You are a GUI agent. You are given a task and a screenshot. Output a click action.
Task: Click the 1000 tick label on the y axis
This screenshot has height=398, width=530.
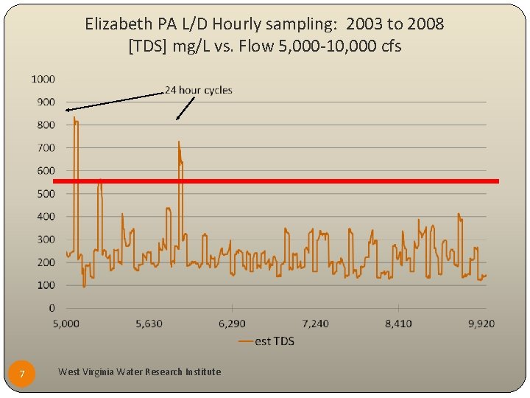click(x=43, y=79)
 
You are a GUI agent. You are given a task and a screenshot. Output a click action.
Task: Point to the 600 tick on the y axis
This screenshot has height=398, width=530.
click(x=46, y=170)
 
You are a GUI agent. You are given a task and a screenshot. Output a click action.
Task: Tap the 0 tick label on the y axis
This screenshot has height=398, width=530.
click(x=52, y=307)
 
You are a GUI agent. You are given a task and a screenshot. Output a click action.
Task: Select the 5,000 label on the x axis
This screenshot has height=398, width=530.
click(x=66, y=323)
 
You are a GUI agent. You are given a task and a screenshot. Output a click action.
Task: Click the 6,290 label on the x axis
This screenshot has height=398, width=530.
click(x=232, y=323)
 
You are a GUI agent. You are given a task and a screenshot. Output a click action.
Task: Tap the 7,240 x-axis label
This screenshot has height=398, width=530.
click(x=315, y=323)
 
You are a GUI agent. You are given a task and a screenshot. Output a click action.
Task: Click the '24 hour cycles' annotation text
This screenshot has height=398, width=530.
click(x=198, y=90)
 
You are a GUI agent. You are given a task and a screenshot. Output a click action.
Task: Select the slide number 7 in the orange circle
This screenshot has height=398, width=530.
click(x=22, y=375)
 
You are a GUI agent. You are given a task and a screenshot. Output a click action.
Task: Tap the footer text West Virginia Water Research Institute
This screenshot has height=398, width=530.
click(x=139, y=371)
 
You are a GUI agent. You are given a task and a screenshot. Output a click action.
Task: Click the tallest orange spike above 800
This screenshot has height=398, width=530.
click(x=74, y=118)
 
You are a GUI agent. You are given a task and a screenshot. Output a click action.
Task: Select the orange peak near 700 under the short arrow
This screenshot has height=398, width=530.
click(x=179, y=142)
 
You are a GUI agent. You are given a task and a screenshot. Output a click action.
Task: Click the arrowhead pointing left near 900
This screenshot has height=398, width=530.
click(x=67, y=110)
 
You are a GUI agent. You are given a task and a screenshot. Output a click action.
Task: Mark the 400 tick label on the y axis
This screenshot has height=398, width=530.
click(x=46, y=216)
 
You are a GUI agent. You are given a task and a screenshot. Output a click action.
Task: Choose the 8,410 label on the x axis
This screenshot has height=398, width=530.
click(x=398, y=323)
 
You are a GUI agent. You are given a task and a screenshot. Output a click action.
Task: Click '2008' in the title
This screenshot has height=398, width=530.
click(x=425, y=24)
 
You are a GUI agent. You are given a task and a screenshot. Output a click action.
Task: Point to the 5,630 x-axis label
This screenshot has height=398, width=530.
click(x=149, y=323)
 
